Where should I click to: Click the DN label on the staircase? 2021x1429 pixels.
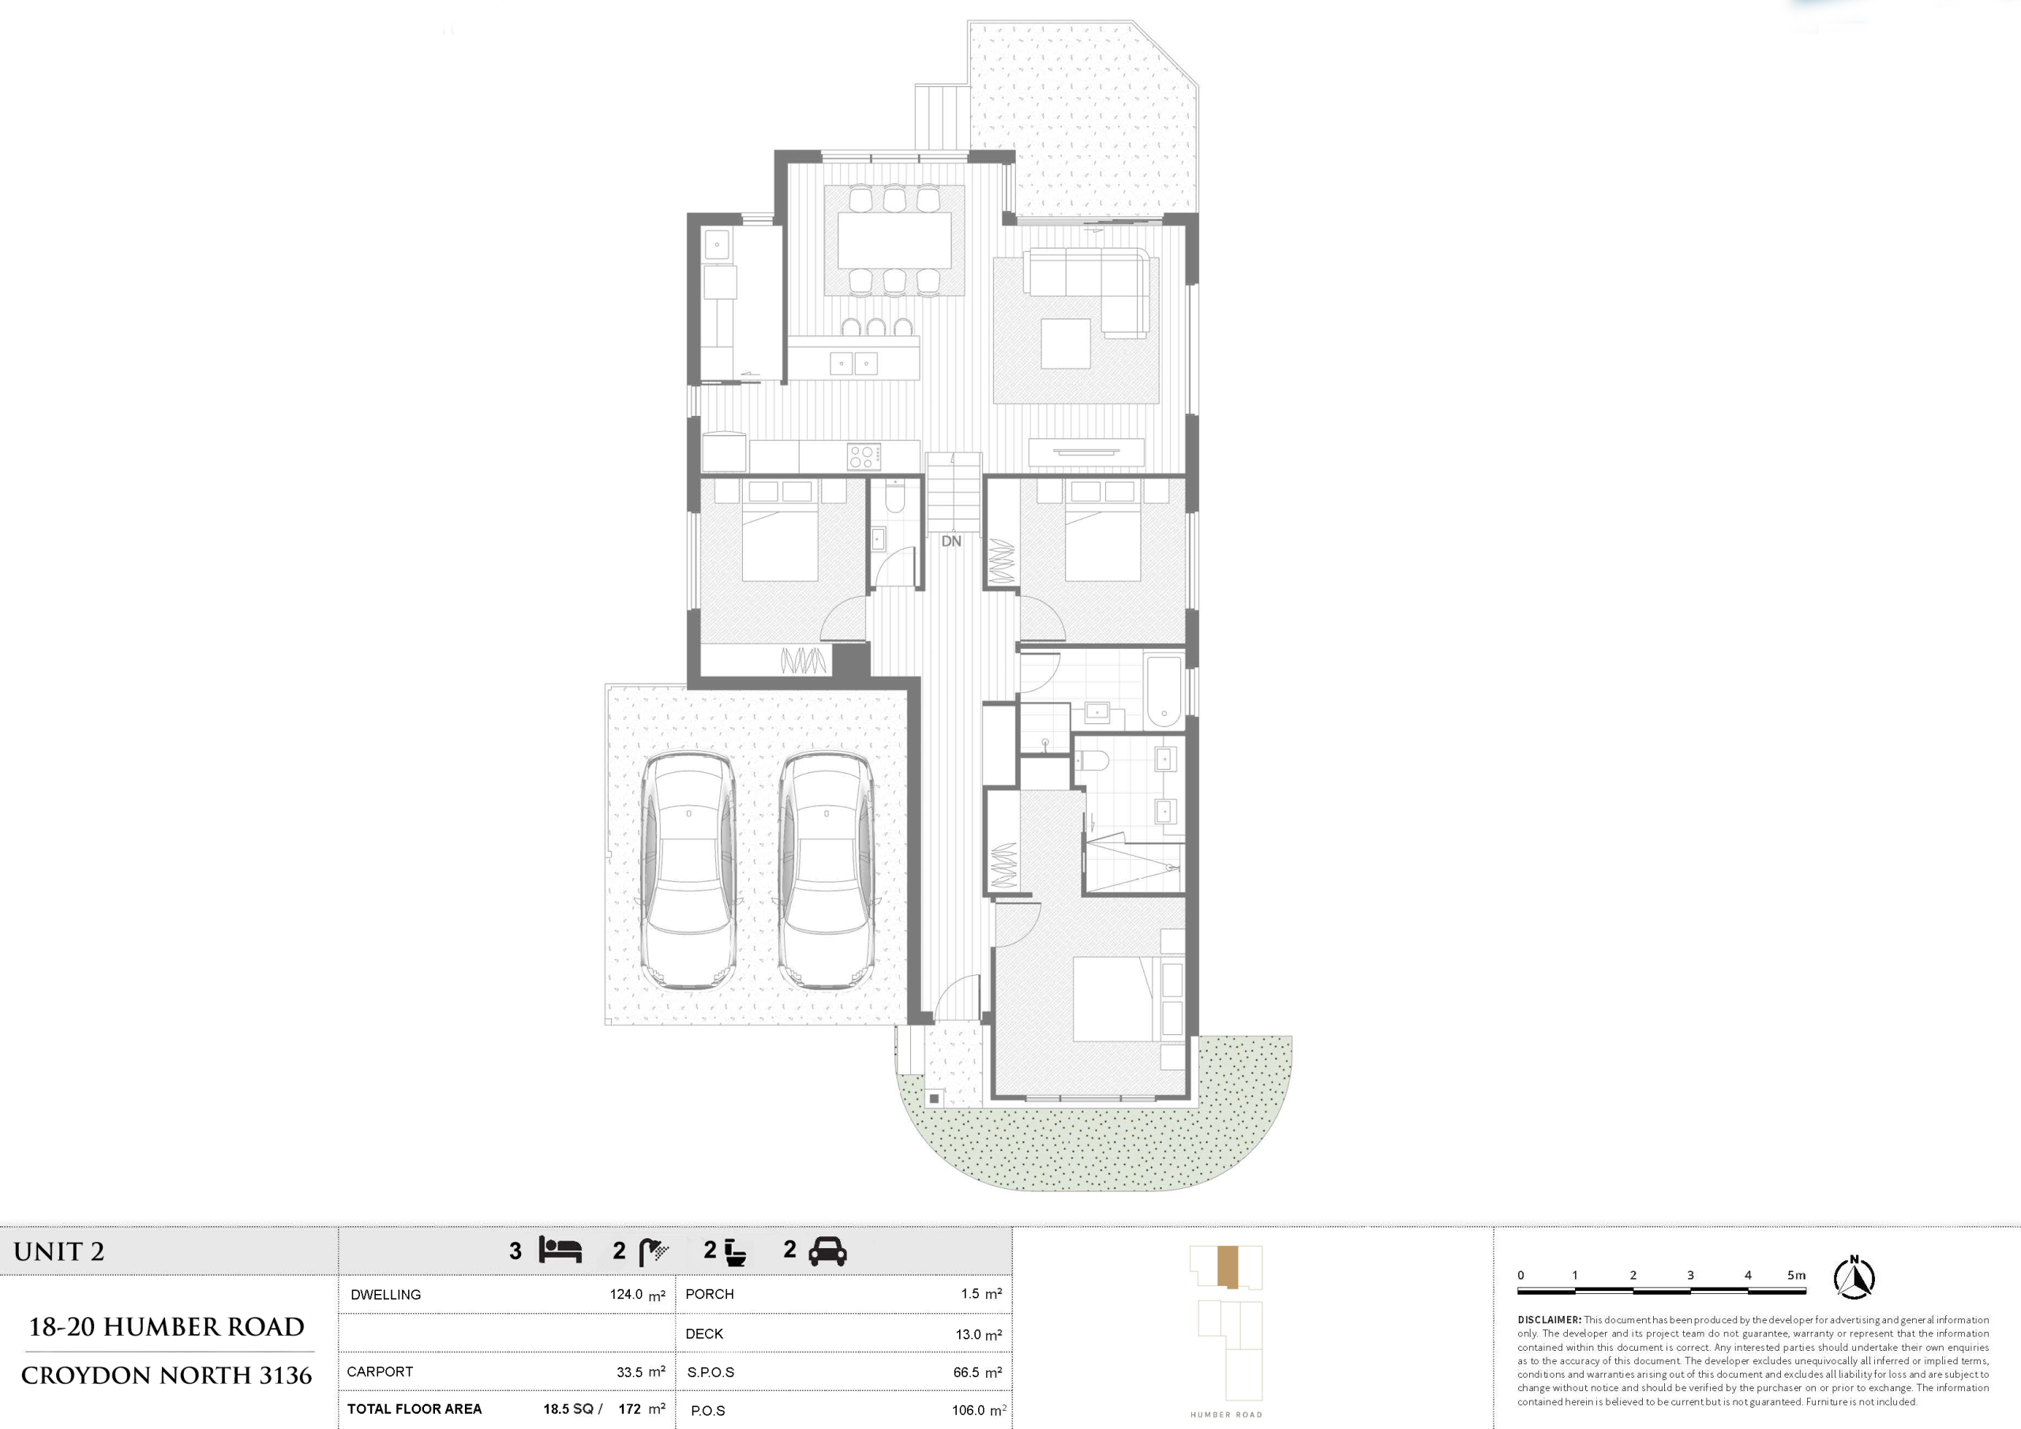tap(951, 542)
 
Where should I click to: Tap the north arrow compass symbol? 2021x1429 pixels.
tap(1854, 1277)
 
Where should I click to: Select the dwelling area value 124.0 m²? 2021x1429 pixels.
tap(637, 1295)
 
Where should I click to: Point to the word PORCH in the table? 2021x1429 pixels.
tap(710, 1294)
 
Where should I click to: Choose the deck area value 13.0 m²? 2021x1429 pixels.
tap(979, 1335)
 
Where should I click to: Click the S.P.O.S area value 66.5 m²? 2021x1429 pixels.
tap(977, 1373)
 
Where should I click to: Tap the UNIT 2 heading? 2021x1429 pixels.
tap(59, 1251)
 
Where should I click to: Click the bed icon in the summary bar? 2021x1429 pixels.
tap(561, 1251)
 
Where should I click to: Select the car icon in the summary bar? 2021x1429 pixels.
tap(827, 1251)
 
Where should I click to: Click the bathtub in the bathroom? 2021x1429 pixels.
tap(1164, 691)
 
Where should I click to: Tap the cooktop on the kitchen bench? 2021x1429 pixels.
tap(864, 456)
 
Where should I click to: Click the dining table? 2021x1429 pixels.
tap(894, 240)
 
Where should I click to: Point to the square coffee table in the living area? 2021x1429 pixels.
tap(1066, 343)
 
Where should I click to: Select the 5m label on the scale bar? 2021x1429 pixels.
tap(1797, 1275)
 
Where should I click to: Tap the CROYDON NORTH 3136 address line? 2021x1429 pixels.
tap(167, 1375)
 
